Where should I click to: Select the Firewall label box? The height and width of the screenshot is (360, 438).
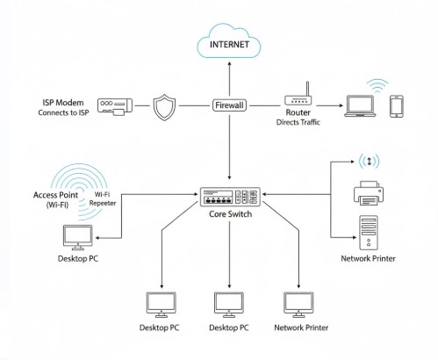click(229, 105)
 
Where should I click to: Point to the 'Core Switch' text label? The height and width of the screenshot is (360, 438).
click(229, 214)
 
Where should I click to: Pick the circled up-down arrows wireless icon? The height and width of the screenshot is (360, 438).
click(368, 162)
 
